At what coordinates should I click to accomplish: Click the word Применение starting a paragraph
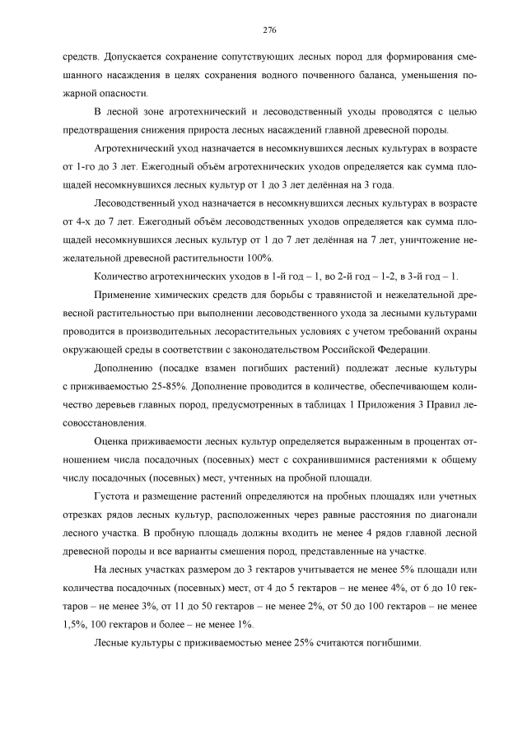point(125,294)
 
